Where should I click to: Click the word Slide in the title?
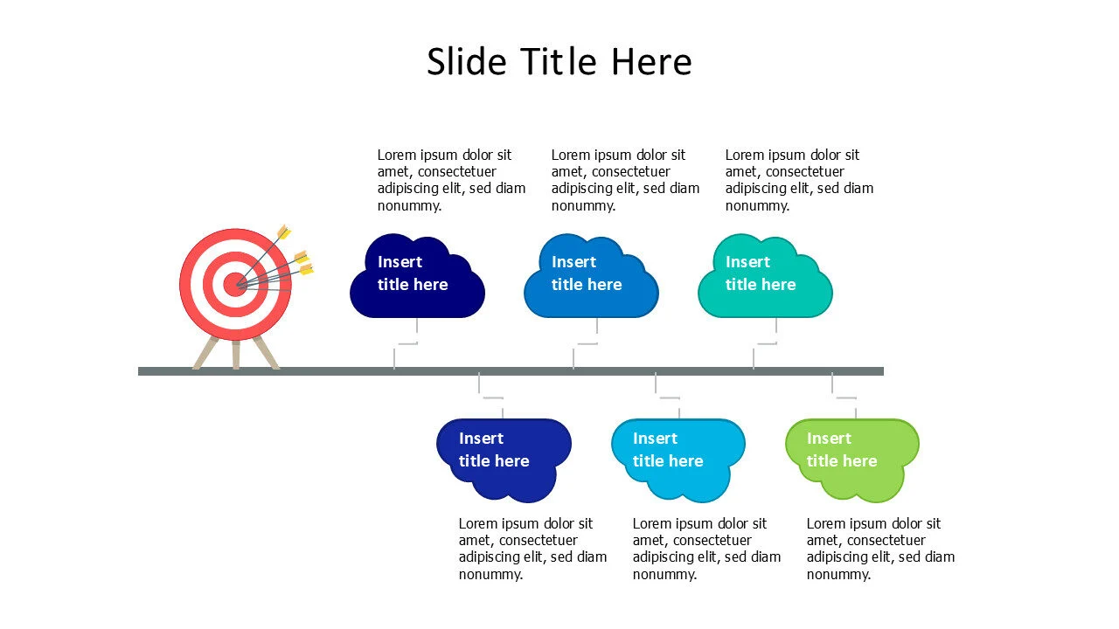pyautogui.click(x=467, y=61)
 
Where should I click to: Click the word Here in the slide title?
pyautogui.click(x=652, y=61)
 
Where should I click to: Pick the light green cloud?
pyautogui.click(x=852, y=460)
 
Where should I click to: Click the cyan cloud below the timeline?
pyautogui.click(x=678, y=460)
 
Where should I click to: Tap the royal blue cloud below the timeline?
pyautogui.click(x=504, y=460)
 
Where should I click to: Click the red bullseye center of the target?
pyautogui.click(x=235, y=285)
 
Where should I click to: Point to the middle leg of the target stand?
pyautogui.click(x=236, y=355)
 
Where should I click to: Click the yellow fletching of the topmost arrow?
pyautogui.click(x=284, y=232)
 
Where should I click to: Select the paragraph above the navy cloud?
pyautogui.click(x=452, y=180)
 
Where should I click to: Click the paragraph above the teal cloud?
pyautogui.click(x=799, y=180)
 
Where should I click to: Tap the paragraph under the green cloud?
pyautogui.click(x=880, y=549)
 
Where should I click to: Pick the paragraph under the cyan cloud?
pyautogui.click(x=707, y=549)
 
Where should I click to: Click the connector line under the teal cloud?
pyautogui.click(x=765, y=343)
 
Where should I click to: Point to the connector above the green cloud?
pyautogui.click(x=844, y=397)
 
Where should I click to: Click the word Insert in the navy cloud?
pyautogui.click(x=400, y=261)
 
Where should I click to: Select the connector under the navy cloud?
pyautogui.click(x=406, y=343)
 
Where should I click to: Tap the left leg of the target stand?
pyautogui.click(x=205, y=353)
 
